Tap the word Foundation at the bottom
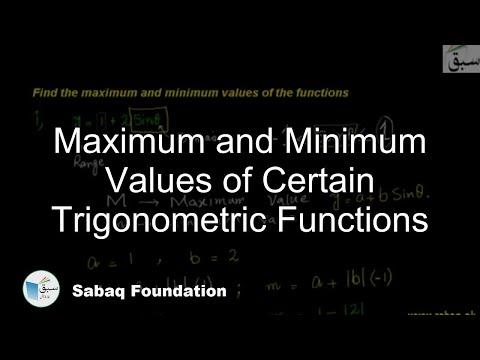181,292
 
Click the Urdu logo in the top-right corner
459,58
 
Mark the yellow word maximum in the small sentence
104,93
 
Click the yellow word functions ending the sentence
319,93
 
